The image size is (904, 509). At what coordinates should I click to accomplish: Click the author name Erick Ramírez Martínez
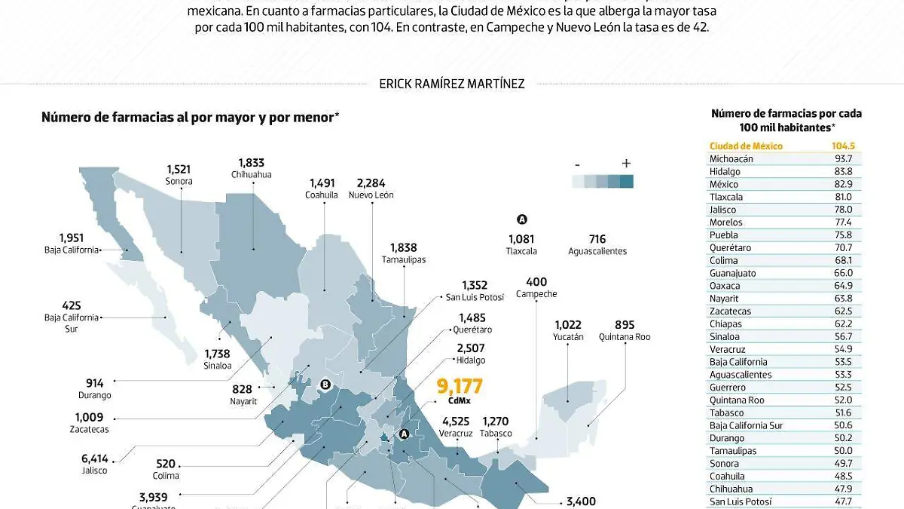(x=451, y=84)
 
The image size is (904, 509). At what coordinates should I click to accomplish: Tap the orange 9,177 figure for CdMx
(x=460, y=387)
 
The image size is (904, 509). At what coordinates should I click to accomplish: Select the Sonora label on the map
(x=179, y=181)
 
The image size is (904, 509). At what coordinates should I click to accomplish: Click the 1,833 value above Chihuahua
(x=252, y=162)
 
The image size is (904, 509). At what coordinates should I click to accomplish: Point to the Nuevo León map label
(x=371, y=195)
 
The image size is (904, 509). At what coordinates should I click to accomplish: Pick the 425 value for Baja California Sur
(x=72, y=305)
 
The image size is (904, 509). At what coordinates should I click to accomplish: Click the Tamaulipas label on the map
(x=404, y=259)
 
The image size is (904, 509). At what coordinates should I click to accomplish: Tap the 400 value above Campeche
(x=536, y=282)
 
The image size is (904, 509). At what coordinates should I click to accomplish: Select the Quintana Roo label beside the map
(x=625, y=337)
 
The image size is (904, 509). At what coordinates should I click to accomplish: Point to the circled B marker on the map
(x=326, y=384)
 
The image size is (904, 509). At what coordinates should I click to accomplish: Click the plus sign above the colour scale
(x=626, y=164)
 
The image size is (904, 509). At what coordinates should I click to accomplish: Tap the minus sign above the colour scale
(x=577, y=164)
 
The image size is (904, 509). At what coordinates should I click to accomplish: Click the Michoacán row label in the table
(x=731, y=159)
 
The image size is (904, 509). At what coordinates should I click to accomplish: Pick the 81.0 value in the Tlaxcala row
(x=843, y=197)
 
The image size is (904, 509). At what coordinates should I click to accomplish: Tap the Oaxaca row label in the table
(x=725, y=286)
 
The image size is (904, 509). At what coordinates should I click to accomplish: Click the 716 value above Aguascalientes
(x=598, y=239)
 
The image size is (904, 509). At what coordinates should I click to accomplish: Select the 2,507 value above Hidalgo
(x=471, y=348)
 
